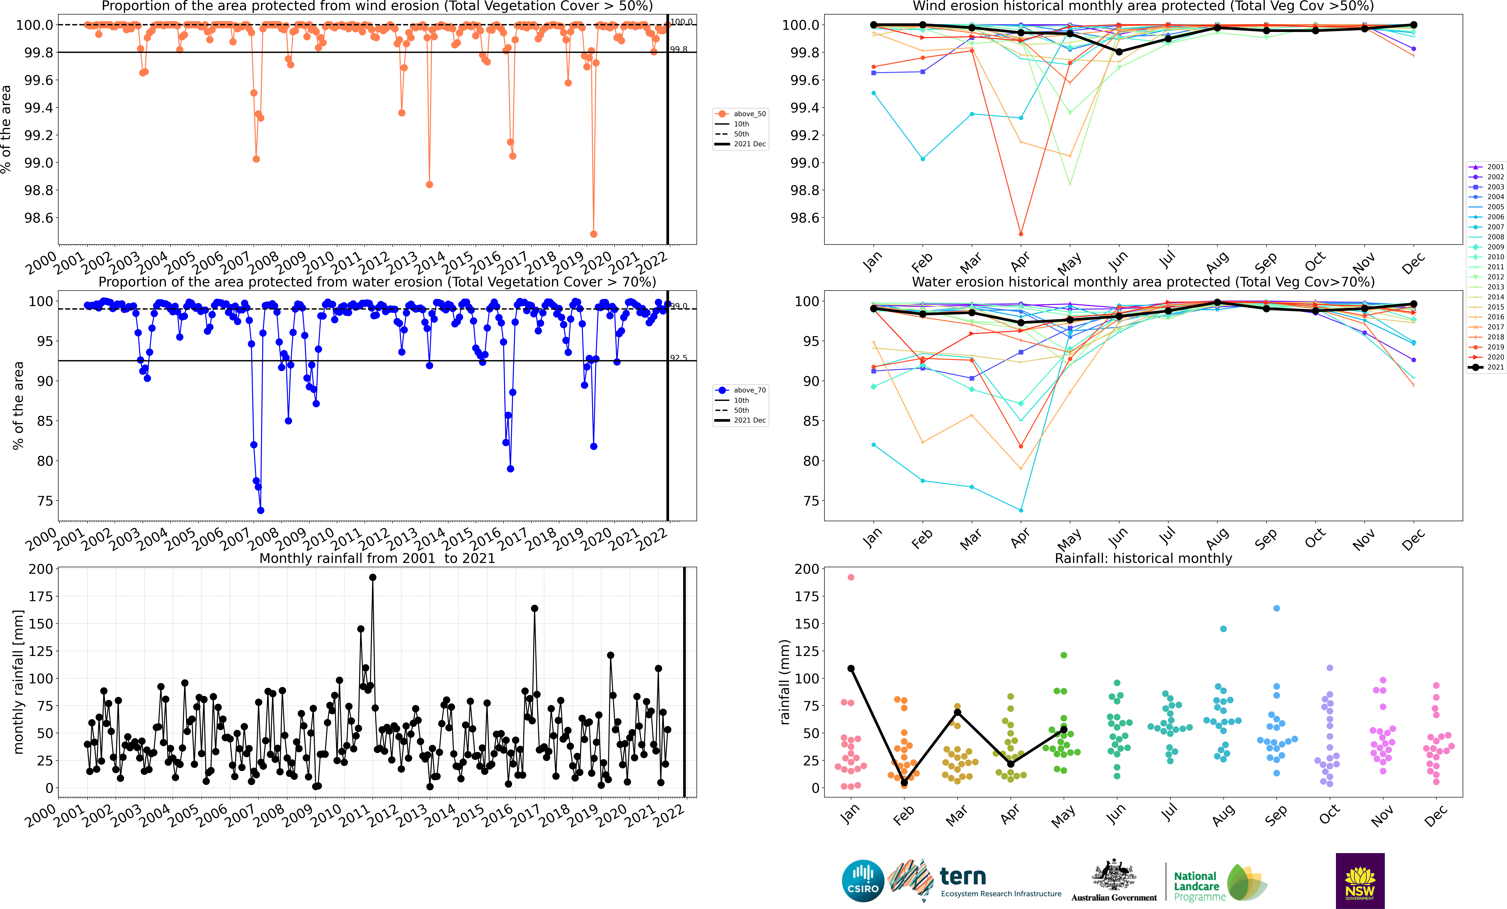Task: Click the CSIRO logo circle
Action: tap(863, 881)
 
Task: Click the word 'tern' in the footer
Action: tap(963, 877)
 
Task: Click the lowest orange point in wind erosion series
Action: tap(593, 234)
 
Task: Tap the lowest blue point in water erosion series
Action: tap(260, 511)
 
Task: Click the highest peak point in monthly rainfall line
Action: tap(372, 577)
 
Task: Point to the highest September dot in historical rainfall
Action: tap(1276, 608)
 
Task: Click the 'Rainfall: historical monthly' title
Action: tap(1143, 558)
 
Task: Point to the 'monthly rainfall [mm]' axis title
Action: tap(18, 682)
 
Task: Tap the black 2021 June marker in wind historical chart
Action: tap(1119, 52)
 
